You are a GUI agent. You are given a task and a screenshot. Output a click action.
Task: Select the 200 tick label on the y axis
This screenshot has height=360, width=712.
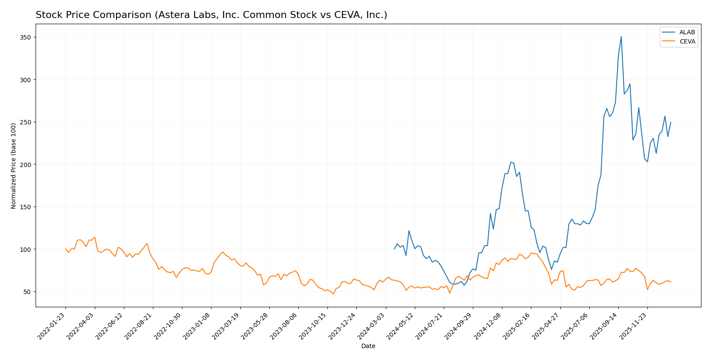click(25, 164)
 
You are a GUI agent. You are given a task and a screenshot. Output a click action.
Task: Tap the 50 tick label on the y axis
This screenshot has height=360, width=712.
click(27, 292)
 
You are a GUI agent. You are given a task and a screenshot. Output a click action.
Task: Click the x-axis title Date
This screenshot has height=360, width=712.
click(368, 346)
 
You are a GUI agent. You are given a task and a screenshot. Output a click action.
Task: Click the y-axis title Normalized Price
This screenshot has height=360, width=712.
click(14, 166)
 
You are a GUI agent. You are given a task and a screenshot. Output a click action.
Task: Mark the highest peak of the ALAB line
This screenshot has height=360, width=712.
click(621, 36)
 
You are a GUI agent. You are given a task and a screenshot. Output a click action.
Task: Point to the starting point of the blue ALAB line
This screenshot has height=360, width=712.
click(394, 249)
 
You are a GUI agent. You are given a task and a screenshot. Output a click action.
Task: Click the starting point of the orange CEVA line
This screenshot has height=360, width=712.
click(65, 249)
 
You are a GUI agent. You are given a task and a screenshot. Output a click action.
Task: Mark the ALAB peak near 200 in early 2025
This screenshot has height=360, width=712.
click(511, 162)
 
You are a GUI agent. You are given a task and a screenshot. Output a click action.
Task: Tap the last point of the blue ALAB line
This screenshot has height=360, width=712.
click(671, 122)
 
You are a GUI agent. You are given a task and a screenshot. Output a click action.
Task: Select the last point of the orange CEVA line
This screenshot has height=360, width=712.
click(671, 282)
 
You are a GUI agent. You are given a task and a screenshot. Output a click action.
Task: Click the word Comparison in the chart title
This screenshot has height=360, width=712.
click(123, 15)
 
